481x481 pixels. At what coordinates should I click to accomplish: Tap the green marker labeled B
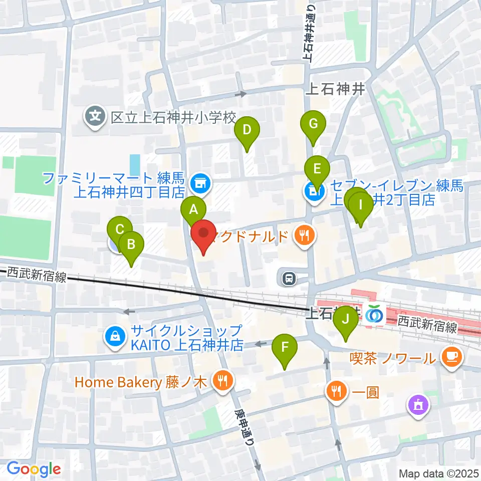[131, 246]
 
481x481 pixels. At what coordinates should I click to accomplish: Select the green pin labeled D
[247, 131]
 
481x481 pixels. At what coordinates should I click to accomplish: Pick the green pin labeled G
[313, 124]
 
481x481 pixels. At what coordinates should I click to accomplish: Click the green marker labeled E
[317, 169]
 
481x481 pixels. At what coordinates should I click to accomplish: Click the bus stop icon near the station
[289, 278]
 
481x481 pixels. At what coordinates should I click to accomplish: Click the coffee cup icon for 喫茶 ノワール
[451, 357]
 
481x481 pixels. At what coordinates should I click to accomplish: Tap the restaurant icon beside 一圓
[336, 390]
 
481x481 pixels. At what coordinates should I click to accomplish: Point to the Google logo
[34, 469]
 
